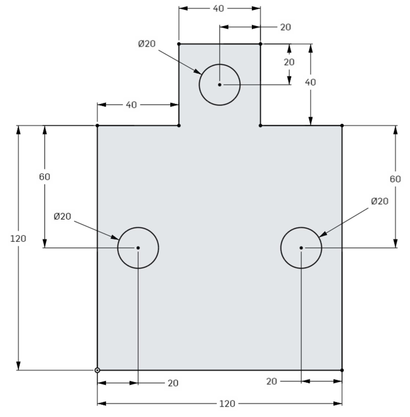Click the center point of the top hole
[219, 85]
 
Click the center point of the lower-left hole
[138, 248]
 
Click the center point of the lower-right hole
[301, 248]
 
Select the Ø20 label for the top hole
[147, 44]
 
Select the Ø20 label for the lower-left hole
[62, 216]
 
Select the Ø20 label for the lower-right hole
[380, 201]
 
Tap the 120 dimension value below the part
[227, 404]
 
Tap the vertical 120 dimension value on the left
[18, 238]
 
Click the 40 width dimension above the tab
[218, 9]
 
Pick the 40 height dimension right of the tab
[310, 82]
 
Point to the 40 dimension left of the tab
[131, 105]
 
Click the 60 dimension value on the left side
[45, 177]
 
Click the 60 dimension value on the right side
[395, 179]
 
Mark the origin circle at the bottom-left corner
[97, 370]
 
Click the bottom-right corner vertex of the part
[342, 370]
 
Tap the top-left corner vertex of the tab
[179, 44]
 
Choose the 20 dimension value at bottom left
[173, 383]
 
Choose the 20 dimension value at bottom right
[271, 381]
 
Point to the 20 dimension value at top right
[285, 27]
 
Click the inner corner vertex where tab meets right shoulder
[261, 125]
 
